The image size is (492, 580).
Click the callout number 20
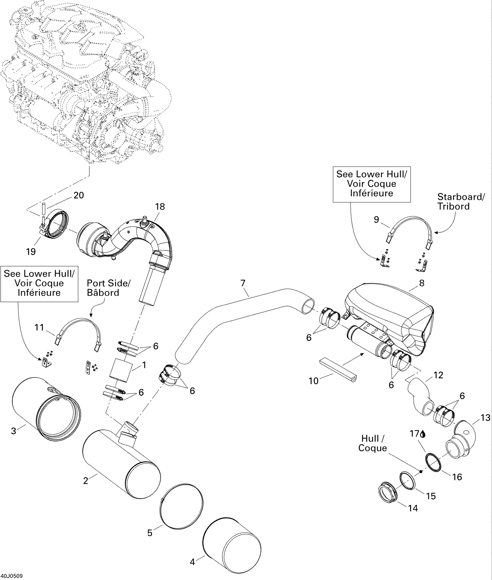[79, 196]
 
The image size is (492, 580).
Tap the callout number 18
[160, 207]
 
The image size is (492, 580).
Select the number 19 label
[31, 252]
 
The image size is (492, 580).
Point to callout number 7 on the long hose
[243, 283]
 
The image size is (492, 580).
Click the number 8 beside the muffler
[422, 283]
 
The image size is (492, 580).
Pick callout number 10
[313, 381]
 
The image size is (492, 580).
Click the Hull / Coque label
[372, 443]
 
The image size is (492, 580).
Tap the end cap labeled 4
[232, 544]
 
